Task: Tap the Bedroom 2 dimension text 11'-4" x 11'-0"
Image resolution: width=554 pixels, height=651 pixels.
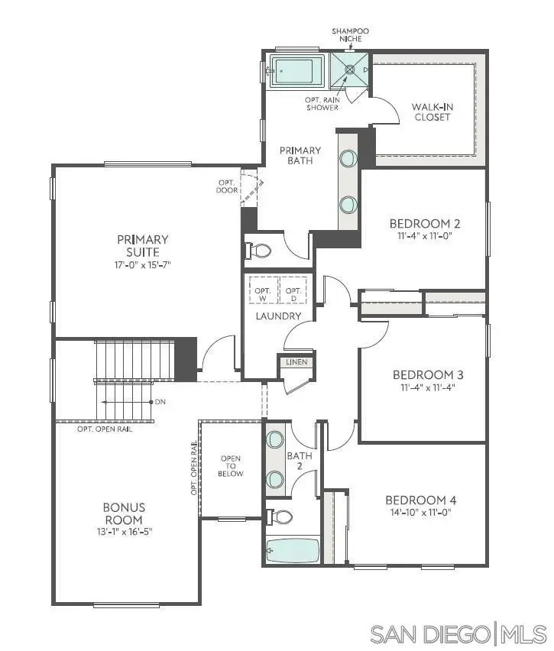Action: click(x=425, y=237)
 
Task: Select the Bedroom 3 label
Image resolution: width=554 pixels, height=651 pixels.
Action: click(x=428, y=375)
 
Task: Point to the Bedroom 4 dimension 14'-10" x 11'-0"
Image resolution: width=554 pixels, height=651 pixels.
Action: click(x=421, y=513)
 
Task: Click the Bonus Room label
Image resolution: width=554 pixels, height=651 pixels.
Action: click(x=124, y=513)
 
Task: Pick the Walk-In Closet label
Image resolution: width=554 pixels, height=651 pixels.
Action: click(x=432, y=112)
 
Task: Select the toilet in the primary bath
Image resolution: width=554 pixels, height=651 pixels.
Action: click(x=261, y=251)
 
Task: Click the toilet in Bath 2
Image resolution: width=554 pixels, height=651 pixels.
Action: click(x=281, y=517)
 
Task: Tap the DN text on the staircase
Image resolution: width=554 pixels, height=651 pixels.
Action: click(x=159, y=402)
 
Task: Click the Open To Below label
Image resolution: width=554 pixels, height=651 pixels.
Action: click(x=231, y=466)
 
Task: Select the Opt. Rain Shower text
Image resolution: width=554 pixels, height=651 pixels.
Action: click(x=322, y=103)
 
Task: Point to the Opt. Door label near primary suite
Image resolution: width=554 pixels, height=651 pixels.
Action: click(x=227, y=186)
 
